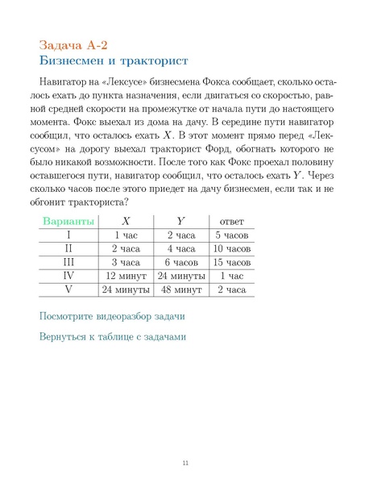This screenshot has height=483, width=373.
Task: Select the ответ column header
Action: click(231, 221)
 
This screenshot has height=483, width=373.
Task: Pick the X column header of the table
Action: click(126, 221)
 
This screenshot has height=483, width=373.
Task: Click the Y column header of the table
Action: click(180, 221)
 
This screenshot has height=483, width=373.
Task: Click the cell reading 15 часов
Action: click(232, 262)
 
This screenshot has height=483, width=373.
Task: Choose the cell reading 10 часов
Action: click(232, 248)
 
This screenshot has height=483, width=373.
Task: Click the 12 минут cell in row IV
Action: click(126, 276)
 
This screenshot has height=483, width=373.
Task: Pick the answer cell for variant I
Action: click(232, 235)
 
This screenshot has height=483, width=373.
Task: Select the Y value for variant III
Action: click(181, 262)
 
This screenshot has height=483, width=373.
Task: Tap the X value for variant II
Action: click(126, 248)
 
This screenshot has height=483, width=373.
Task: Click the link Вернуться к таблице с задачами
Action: click(113, 336)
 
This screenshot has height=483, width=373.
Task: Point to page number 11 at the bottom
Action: click(185, 462)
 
